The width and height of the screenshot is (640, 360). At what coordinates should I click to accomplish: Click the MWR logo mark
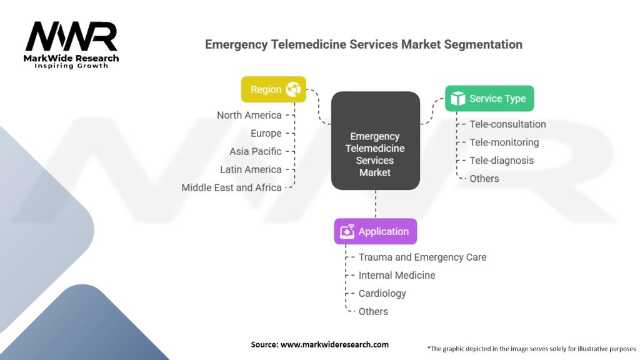71,36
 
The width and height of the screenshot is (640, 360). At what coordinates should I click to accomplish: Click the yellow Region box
274,89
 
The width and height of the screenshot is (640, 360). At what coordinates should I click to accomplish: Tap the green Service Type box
489,98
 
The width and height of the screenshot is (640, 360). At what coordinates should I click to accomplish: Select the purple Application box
376,231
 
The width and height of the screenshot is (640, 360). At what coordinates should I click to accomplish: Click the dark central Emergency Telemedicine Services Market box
376,141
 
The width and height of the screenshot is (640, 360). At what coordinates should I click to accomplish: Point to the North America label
249,115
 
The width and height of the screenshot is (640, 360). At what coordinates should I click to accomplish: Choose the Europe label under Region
266,134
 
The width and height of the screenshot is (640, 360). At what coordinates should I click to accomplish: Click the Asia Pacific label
256,151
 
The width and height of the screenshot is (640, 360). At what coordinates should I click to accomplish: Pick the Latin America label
251,169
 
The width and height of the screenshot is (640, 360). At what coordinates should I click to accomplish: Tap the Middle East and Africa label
231,187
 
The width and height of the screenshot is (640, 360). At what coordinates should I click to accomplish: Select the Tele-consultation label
507,124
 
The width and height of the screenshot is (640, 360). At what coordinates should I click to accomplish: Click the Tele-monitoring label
504,142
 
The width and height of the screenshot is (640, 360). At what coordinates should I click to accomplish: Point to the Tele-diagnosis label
502,161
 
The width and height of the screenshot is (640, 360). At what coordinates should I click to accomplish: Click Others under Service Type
484,178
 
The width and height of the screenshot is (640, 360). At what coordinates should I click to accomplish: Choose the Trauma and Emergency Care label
422,257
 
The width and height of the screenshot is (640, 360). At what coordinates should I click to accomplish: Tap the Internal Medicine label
397,275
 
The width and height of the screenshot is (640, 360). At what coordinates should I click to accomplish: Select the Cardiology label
382,294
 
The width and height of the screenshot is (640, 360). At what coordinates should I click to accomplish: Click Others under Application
373,311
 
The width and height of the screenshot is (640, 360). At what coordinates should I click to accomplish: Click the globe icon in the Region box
293,89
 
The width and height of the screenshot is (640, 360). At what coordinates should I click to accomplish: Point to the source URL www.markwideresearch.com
335,344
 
